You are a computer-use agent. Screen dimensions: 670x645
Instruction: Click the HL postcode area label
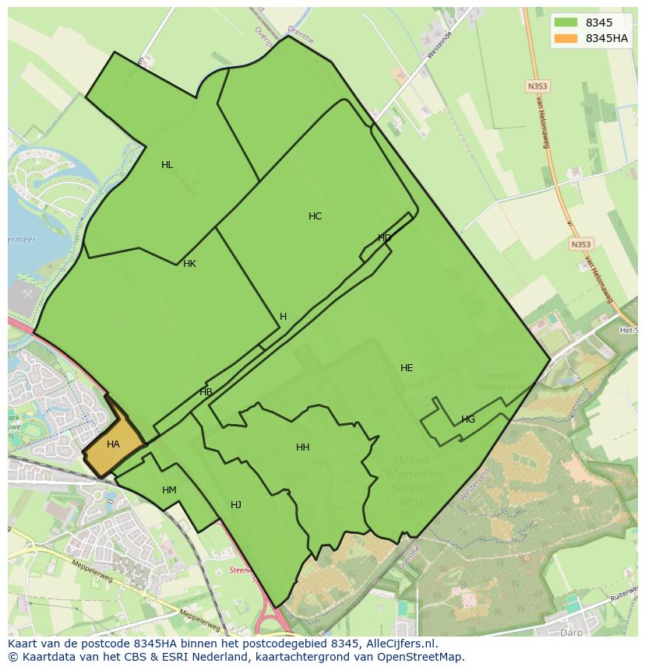(167, 165)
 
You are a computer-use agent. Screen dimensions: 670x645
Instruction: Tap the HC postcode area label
(315, 216)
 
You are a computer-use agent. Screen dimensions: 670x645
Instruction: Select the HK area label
(189, 264)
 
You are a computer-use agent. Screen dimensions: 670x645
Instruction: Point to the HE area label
(406, 368)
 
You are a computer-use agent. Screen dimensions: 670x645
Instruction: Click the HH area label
(303, 447)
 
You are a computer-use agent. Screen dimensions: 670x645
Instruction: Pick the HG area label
(467, 419)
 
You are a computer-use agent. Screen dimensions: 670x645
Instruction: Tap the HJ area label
(236, 505)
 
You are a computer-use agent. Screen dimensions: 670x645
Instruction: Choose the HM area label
(169, 490)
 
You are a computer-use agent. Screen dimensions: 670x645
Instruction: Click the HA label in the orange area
(113, 445)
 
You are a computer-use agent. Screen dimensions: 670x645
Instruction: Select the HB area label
(206, 392)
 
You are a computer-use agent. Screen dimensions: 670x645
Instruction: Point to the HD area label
(384, 238)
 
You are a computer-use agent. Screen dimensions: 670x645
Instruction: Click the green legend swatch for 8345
(566, 23)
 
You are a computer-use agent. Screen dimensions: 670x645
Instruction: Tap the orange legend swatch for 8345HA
(566, 38)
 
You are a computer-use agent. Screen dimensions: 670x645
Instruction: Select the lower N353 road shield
(580, 244)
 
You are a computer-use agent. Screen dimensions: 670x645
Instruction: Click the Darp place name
(573, 633)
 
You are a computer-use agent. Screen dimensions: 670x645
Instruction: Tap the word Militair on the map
(411, 460)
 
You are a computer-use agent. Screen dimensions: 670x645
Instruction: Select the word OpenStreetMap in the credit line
(421, 657)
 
